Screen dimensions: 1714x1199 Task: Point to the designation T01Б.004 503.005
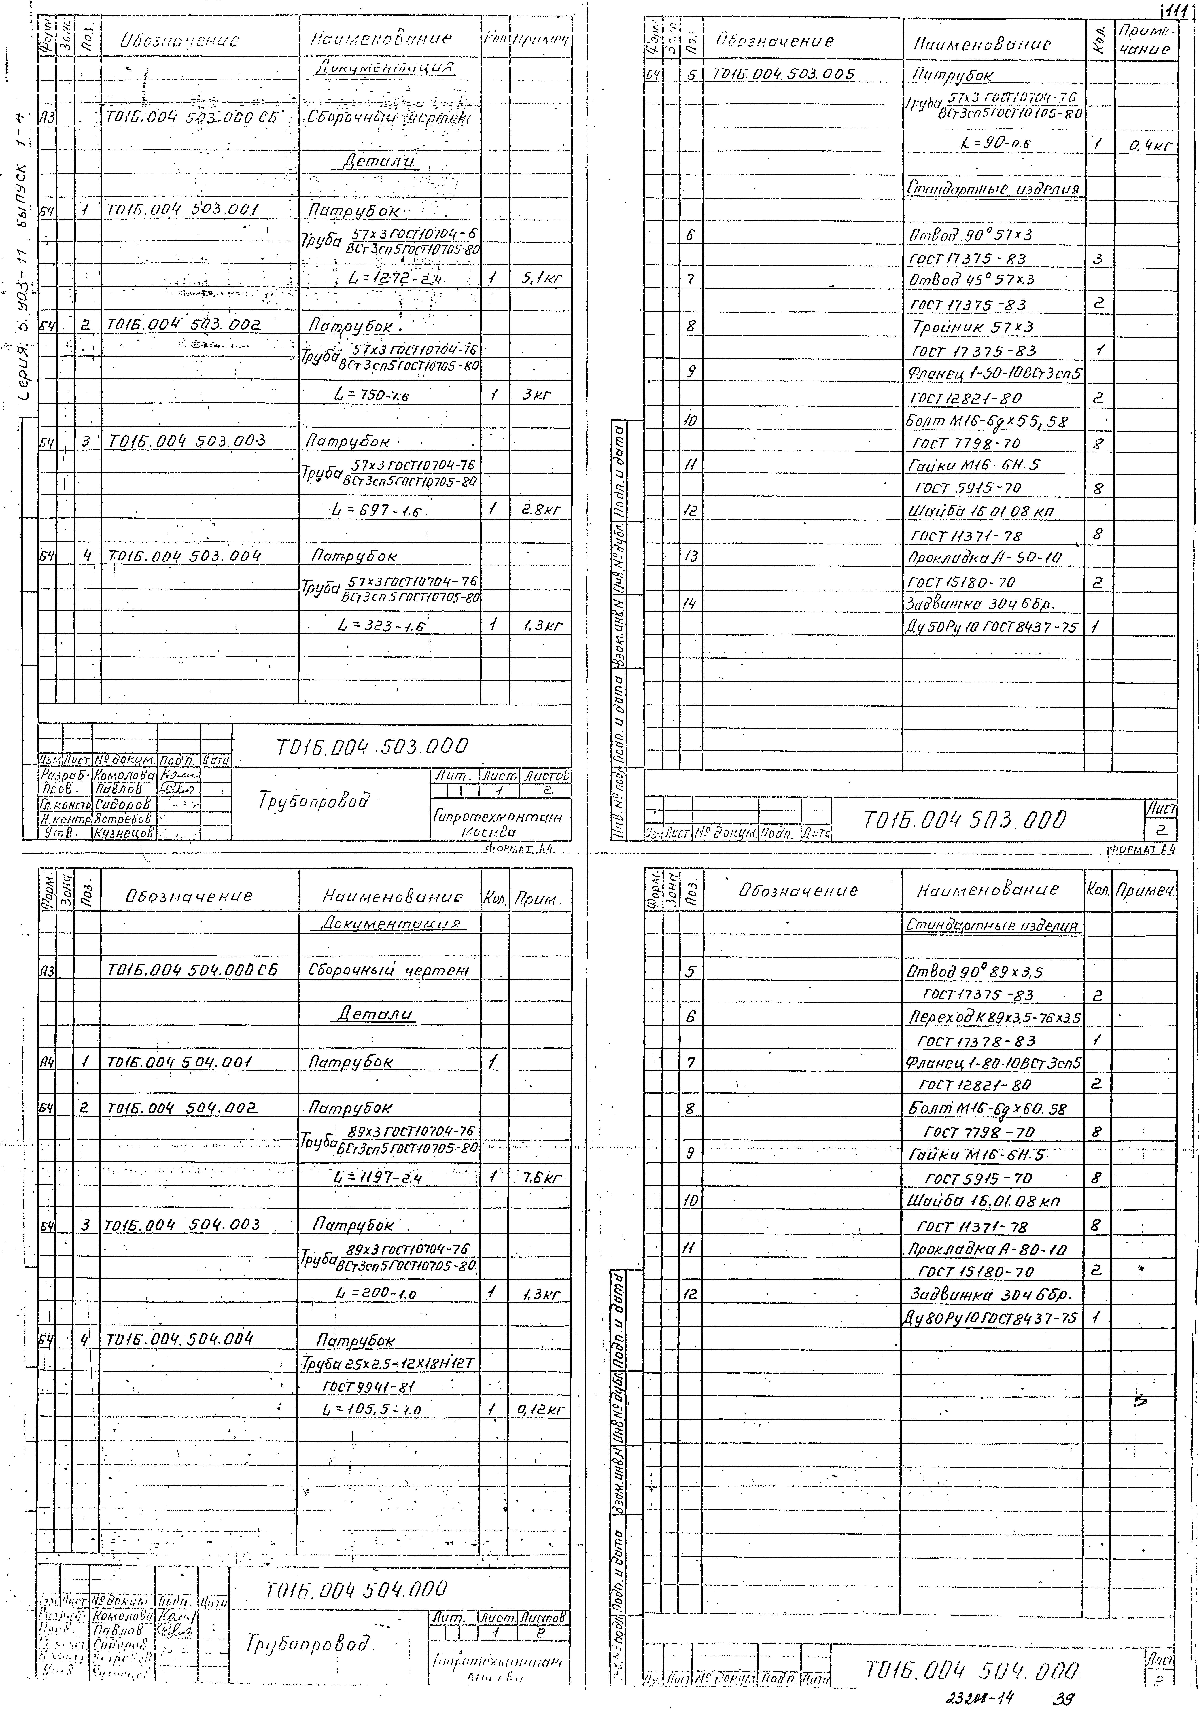[x=784, y=73]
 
